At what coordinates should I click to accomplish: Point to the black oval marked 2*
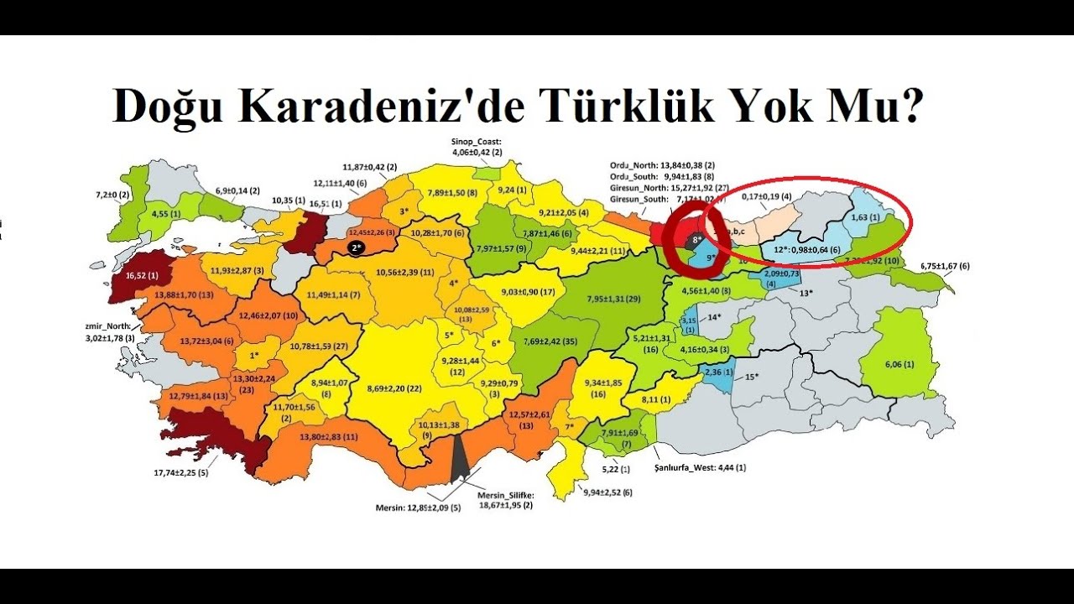357,248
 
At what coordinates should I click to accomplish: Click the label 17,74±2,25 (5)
180,473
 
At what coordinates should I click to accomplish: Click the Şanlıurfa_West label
700,467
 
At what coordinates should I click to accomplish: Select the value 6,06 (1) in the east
898,365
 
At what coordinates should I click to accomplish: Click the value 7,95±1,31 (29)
613,299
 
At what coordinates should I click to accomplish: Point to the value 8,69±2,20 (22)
394,389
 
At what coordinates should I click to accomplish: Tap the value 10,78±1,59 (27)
318,346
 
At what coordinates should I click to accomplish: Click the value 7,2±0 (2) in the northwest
112,195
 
